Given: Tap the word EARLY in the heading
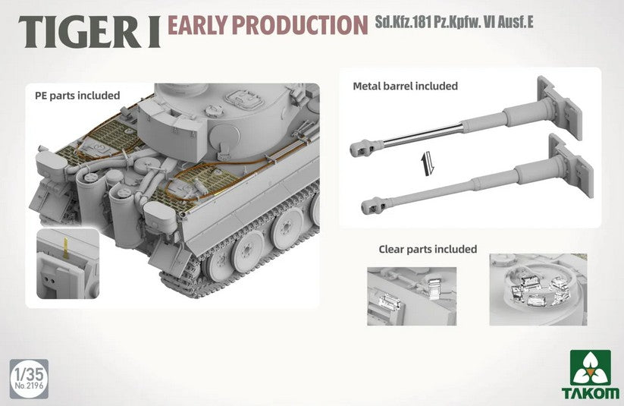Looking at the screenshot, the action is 196,25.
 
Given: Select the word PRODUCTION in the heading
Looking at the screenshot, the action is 299,25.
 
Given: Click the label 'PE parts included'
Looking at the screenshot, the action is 77,96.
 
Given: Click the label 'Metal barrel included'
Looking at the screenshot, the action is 405,86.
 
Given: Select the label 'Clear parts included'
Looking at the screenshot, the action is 428,250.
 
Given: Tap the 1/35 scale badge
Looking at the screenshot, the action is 29,379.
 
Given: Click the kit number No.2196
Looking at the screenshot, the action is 29,386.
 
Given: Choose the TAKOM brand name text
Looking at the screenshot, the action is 591,393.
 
